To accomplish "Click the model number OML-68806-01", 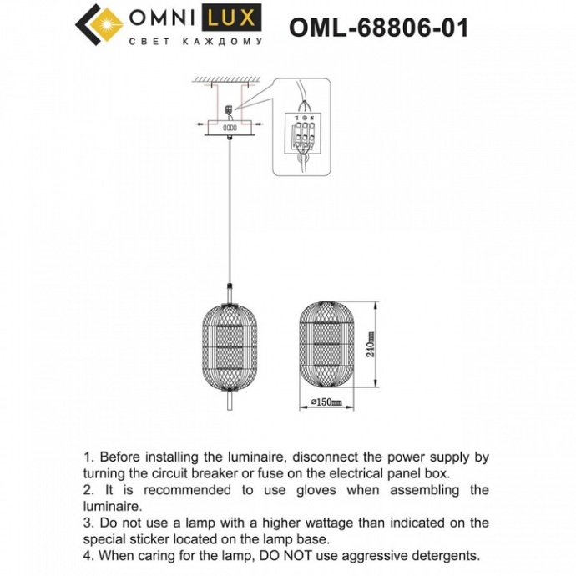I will [378, 28].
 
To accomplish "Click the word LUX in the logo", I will [236, 18].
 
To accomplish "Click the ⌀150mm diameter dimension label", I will [327, 403].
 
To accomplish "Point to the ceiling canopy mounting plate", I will [229, 129].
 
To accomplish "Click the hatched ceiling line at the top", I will [230, 81].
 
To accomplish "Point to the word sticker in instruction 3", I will [152, 539].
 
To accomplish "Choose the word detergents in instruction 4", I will [446, 555].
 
